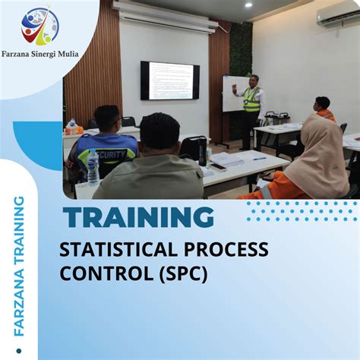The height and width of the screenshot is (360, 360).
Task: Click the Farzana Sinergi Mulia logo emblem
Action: (x=39, y=26)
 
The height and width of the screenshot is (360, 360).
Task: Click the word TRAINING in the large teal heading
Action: (x=138, y=217)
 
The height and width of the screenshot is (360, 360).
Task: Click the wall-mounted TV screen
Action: (x=169, y=81)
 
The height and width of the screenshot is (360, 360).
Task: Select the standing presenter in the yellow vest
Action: (x=251, y=106)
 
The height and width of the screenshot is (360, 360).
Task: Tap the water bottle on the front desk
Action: (x=93, y=167)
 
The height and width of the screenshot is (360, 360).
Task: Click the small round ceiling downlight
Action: (x=248, y=5)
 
